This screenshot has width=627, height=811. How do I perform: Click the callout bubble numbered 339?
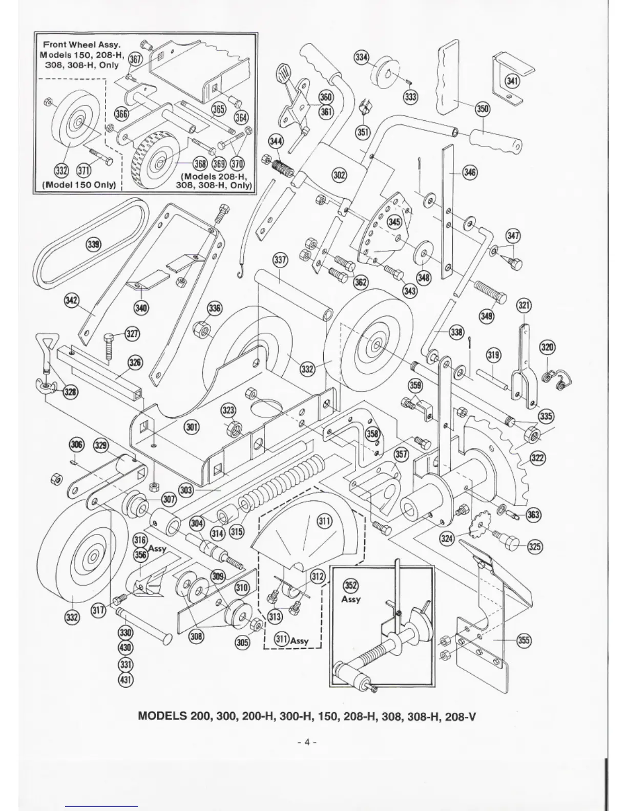click(93, 245)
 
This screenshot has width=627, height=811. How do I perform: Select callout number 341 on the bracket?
click(512, 80)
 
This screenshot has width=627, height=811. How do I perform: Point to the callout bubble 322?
click(537, 458)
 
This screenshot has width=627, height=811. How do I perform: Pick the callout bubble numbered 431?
click(126, 680)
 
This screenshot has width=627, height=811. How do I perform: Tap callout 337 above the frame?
click(280, 260)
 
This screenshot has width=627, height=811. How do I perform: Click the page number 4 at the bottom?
click(307, 741)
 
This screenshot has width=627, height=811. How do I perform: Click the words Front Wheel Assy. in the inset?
click(81, 45)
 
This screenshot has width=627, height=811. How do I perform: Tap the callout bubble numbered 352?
click(350, 586)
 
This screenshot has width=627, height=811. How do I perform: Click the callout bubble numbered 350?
click(483, 109)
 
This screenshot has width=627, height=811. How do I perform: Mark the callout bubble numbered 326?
click(135, 363)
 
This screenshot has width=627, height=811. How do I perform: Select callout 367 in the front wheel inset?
click(134, 59)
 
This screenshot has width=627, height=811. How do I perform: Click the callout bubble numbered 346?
click(469, 172)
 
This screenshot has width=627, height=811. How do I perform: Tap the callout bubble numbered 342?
click(72, 300)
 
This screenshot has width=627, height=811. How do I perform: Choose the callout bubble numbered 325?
click(535, 547)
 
